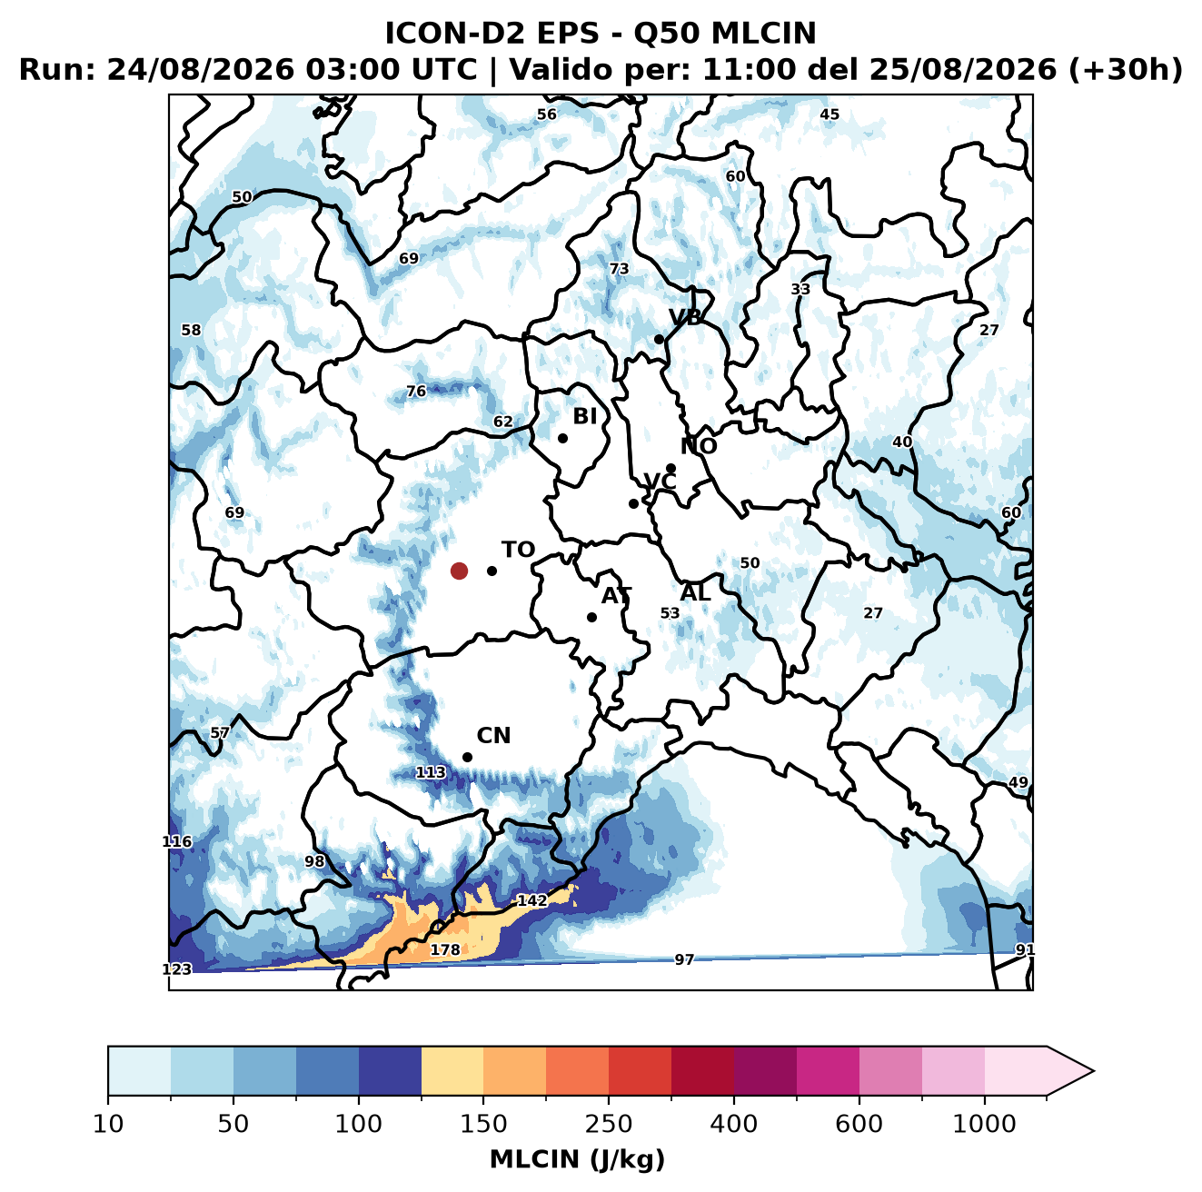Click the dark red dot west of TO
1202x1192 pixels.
[x=459, y=571]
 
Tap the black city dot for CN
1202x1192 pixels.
[x=467, y=757]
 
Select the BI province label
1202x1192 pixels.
[x=585, y=416]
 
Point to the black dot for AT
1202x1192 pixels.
[x=592, y=618]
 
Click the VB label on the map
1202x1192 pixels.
[x=686, y=317]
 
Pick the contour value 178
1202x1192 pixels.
[x=445, y=949]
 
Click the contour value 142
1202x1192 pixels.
[x=532, y=900]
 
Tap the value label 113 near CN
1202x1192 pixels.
[x=431, y=773]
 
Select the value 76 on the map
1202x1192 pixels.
[x=416, y=391]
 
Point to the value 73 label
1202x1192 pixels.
[x=619, y=269]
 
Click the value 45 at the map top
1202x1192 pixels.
[x=829, y=114]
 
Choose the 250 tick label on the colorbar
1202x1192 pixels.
[x=608, y=1123]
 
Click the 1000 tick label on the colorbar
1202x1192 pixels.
[x=984, y=1123]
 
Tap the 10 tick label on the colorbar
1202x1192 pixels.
[x=108, y=1123]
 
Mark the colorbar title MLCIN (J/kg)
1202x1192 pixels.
[x=577, y=1159]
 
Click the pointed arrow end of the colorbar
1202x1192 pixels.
[x=1094, y=1071]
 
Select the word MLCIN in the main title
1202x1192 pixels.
[x=763, y=34]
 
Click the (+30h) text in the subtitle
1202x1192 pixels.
[x=1126, y=70]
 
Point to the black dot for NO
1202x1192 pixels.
[x=671, y=469]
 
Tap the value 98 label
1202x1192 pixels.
[x=314, y=861]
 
